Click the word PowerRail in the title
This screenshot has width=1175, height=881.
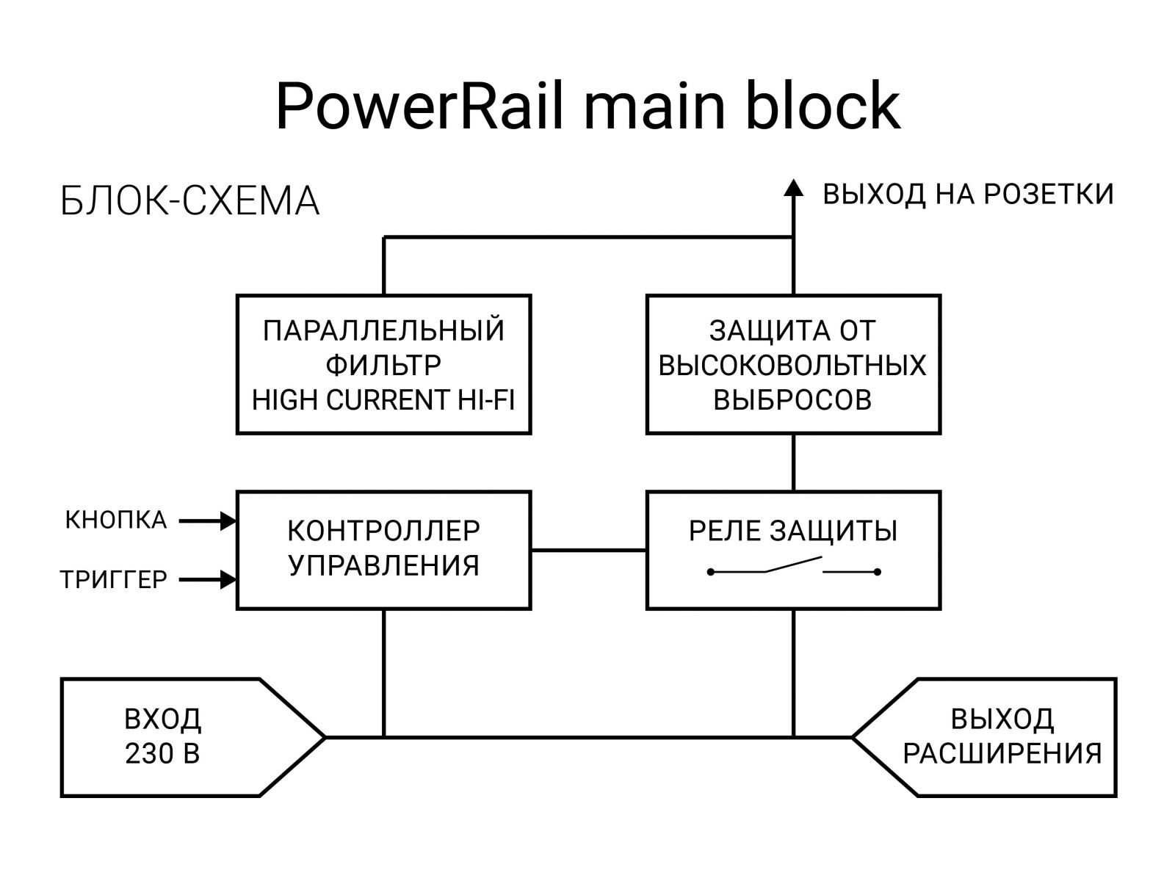420,106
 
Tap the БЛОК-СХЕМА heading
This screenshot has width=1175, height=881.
189,201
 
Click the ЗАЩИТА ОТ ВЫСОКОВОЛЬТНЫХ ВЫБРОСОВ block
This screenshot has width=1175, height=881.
793,365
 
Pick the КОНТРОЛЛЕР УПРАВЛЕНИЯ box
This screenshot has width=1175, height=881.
383,549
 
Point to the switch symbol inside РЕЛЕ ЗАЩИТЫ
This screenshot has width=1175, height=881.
793,567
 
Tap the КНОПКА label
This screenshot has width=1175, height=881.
116,521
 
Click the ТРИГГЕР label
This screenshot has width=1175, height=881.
114,580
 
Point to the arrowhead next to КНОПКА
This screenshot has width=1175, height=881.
229,521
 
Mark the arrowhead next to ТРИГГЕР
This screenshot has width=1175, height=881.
229,580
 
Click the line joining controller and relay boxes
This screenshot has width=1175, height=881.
588,550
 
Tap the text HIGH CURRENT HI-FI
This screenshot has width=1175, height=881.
383,400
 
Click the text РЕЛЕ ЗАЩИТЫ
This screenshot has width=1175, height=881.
793,531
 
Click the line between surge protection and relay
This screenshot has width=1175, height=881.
793,463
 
